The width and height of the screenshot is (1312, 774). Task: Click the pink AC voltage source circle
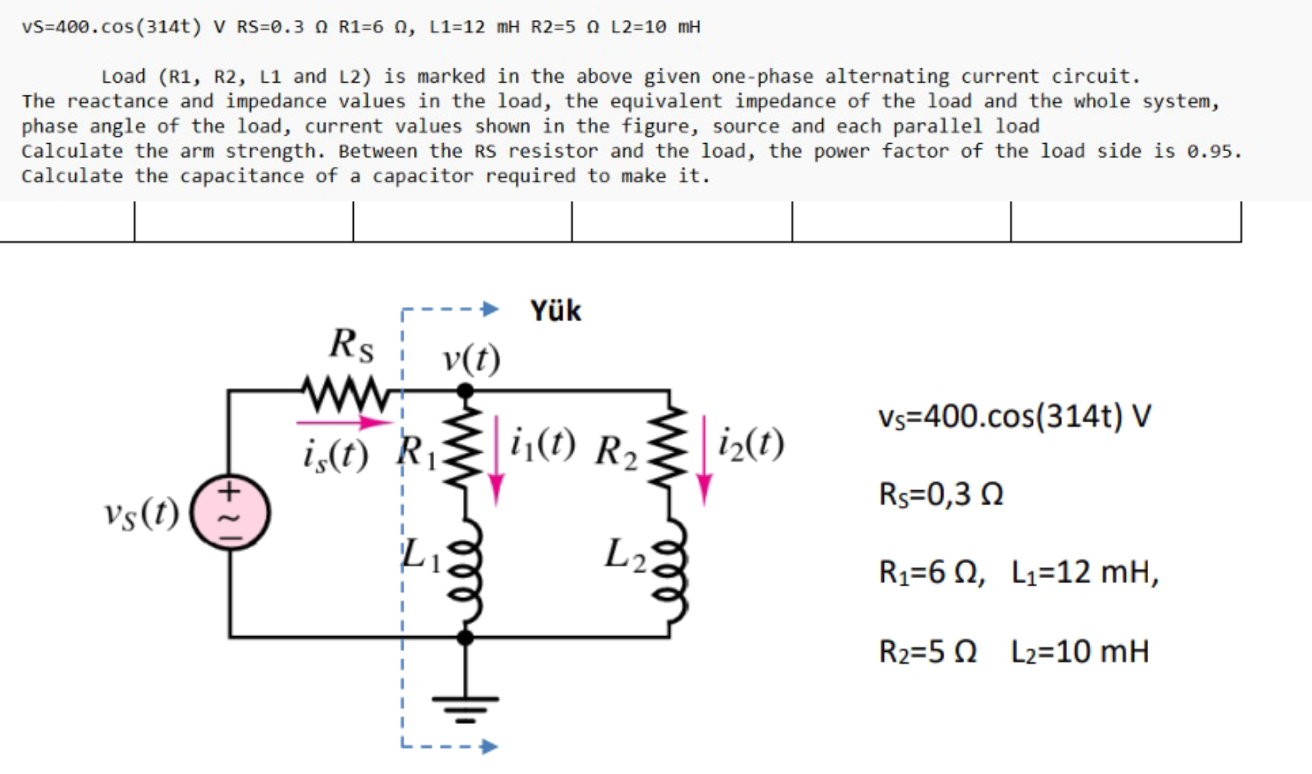click(x=230, y=513)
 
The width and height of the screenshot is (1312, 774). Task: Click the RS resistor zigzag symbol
click(x=345, y=394)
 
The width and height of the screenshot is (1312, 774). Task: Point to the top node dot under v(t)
click(x=465, y=390)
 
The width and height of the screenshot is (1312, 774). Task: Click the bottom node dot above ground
click(x=465, y=637)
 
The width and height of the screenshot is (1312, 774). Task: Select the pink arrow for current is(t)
click(x=343, y=422)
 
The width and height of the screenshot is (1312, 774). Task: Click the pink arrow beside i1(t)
click(x=496, y=462)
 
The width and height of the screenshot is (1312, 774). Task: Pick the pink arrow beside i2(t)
click(x=704, y=462)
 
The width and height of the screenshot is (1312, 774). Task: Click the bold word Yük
click(x=555, y=311)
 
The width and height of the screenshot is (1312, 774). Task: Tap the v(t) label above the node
click(x=471, y=359)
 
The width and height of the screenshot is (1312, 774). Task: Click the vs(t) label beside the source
click(x=141, y=513)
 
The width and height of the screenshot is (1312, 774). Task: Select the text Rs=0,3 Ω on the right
click(x=941, y=494)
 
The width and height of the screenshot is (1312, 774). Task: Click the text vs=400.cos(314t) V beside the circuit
click(x=1014, y=416)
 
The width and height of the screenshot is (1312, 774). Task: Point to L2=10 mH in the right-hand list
click(x=1080, y=651)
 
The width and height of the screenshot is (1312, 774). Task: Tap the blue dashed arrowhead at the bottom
click(x=488, y=746)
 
